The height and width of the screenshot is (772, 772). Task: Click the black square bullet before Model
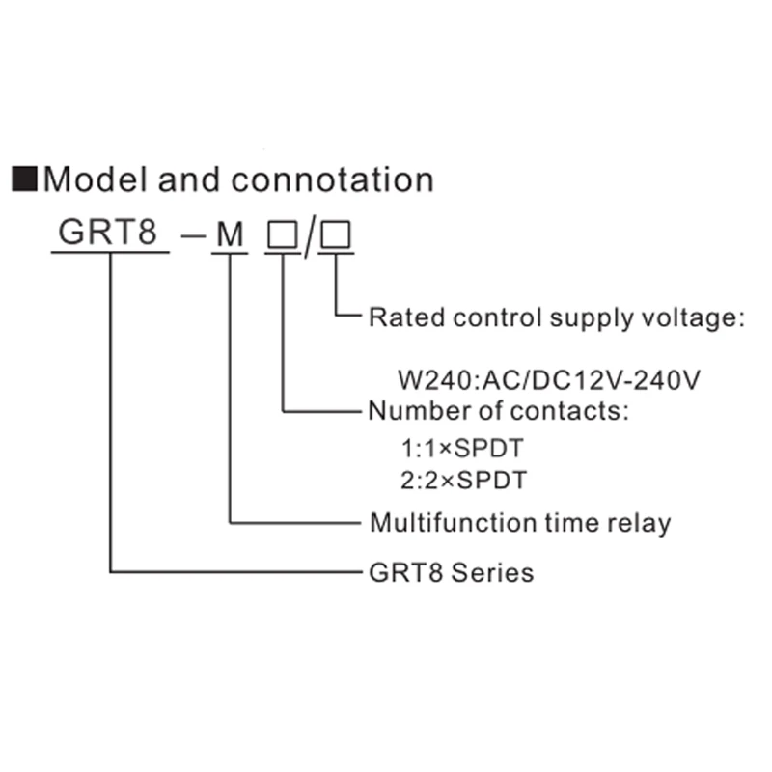(23, 179)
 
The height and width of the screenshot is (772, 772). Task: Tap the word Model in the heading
(93, 179)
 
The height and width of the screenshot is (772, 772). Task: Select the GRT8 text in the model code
(108, 234)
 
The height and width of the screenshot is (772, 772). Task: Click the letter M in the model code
(230, 234)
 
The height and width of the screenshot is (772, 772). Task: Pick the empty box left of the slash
(282, 234)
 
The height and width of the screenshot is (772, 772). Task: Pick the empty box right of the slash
(337, 234)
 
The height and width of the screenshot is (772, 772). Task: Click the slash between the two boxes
(309, 236)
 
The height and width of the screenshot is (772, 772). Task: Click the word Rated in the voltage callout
(400, 317)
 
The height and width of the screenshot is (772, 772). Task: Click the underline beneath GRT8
(110, 253)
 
